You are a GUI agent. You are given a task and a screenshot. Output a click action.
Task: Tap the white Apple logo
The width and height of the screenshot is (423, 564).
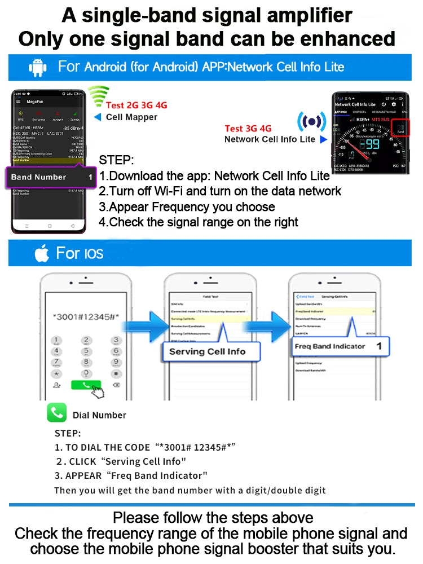coord(42,253)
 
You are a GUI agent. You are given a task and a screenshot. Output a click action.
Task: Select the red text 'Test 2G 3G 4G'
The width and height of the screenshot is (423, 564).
coord(136,105)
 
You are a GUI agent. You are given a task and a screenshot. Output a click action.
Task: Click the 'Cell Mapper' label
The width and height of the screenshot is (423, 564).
coord(131,117)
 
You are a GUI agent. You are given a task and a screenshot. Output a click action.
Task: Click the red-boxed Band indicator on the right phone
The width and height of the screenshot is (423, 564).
coord(400,129)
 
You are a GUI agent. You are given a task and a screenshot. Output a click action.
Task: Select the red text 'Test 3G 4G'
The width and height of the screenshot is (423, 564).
coord(248,129)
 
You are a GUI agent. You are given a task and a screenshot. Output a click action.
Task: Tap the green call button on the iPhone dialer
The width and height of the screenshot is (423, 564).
coord(86,385)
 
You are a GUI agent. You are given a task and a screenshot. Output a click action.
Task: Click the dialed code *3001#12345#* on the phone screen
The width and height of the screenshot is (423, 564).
coord(86,316)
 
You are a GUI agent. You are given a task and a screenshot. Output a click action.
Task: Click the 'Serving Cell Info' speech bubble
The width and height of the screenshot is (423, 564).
coord(208,351)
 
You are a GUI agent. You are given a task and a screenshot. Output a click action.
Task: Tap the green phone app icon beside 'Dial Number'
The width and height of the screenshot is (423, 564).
coord(56,413)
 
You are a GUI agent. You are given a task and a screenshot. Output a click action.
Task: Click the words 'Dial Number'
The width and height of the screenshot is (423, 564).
coord(99,415)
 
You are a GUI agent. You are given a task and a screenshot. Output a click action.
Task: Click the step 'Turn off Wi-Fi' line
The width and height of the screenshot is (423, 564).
coord(220,191)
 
